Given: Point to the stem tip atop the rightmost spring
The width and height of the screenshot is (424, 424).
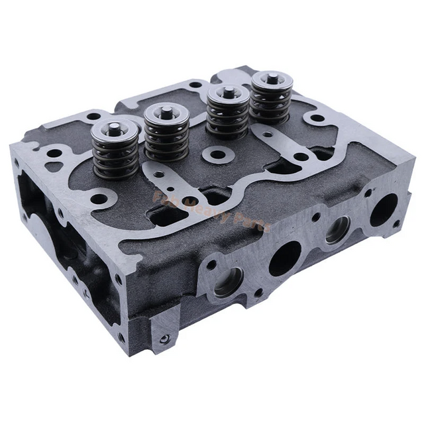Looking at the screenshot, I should point(270,78).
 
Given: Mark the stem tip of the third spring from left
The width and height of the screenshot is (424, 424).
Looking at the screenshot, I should point(225,91).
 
